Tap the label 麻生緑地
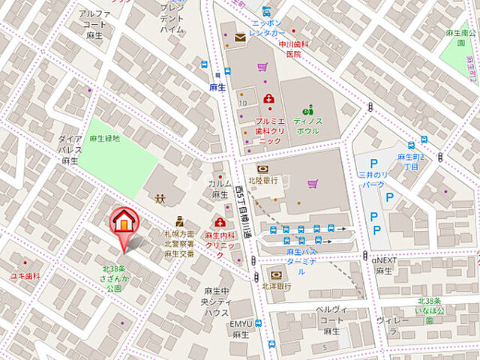[x=104, y=139]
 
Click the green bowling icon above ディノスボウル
[x=307, y=109]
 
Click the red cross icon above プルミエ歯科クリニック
[x=268, y=98]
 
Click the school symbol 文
[x=160, y=200]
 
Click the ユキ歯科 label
[x=25, y=276]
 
